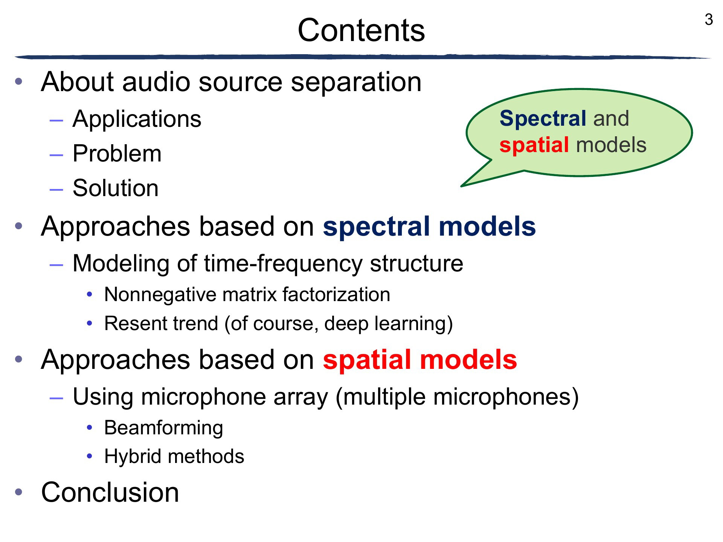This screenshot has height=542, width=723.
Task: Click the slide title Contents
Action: click(x=361, y=30)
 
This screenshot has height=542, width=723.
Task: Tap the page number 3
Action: click(x=709, y=20)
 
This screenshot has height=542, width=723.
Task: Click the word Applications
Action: click(x=137, y=119)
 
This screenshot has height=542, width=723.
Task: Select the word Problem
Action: click(x=117, y=153)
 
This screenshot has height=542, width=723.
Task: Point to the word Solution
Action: click(x=116, y=188)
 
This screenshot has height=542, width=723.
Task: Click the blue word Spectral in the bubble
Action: click(x=543, y=119)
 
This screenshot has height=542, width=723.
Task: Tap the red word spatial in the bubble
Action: click(x=534, y=145)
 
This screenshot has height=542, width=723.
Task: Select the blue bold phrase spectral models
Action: click(x=429, y=227)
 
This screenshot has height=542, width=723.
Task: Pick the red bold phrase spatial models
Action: click(x=420, y=360)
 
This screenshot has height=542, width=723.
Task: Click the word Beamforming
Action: click(x=164, y=428)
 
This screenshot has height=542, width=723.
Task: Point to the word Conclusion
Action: click(x=110, y=492)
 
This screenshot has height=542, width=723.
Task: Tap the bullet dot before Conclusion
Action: click(x=19, y=492)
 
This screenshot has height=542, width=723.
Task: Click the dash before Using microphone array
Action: click(x=56, y=397)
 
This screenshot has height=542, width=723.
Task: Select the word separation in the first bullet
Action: click(x=356, y=82)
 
